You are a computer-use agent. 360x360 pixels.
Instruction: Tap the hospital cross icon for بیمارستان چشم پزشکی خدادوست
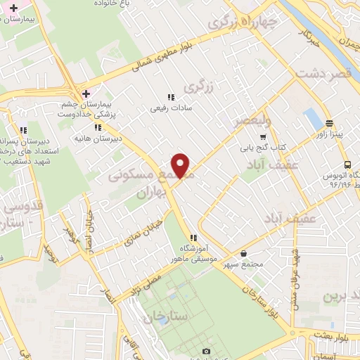(86, 94)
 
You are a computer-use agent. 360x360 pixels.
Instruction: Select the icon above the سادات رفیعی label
(170, 98)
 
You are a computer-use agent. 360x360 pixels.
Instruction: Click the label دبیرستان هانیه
(99, 138)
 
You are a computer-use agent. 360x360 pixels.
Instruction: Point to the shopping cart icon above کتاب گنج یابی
(263, 137)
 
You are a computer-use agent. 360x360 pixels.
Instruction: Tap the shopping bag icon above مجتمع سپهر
(243, 254)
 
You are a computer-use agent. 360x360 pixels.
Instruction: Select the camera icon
(205, 351)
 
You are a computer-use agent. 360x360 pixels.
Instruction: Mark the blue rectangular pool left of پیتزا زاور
(309, 118)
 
